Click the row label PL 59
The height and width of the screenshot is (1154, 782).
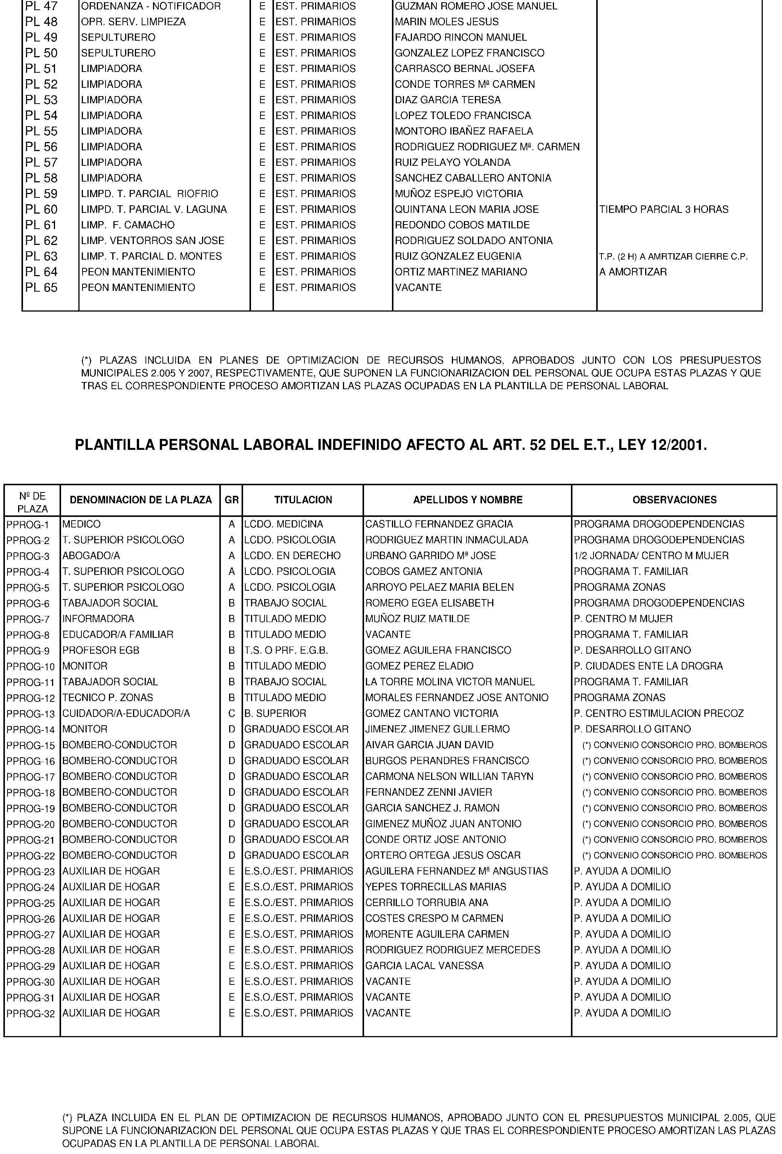41,194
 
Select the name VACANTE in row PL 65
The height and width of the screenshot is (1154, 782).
418,287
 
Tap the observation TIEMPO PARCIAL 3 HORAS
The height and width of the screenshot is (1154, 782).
664,209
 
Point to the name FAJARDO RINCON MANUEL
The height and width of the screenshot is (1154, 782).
461,37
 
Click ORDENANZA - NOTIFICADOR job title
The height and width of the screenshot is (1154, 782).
150,6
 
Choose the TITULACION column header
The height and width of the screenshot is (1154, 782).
303,500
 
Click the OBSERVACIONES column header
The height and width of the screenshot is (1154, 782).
674,500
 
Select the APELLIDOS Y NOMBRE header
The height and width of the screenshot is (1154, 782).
468,500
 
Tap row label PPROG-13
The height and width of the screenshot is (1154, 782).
31,714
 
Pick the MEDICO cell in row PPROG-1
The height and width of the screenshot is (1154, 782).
81,524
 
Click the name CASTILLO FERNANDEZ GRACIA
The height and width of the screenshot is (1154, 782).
439,524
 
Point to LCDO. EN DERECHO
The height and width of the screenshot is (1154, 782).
292,556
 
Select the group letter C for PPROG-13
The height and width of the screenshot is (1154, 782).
231,714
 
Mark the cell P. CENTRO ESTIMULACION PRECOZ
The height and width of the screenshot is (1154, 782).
659,714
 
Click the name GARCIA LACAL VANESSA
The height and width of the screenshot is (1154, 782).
424,966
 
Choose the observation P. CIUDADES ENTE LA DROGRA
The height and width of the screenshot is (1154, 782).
648,666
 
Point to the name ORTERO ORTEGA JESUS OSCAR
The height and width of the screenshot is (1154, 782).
443,856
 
